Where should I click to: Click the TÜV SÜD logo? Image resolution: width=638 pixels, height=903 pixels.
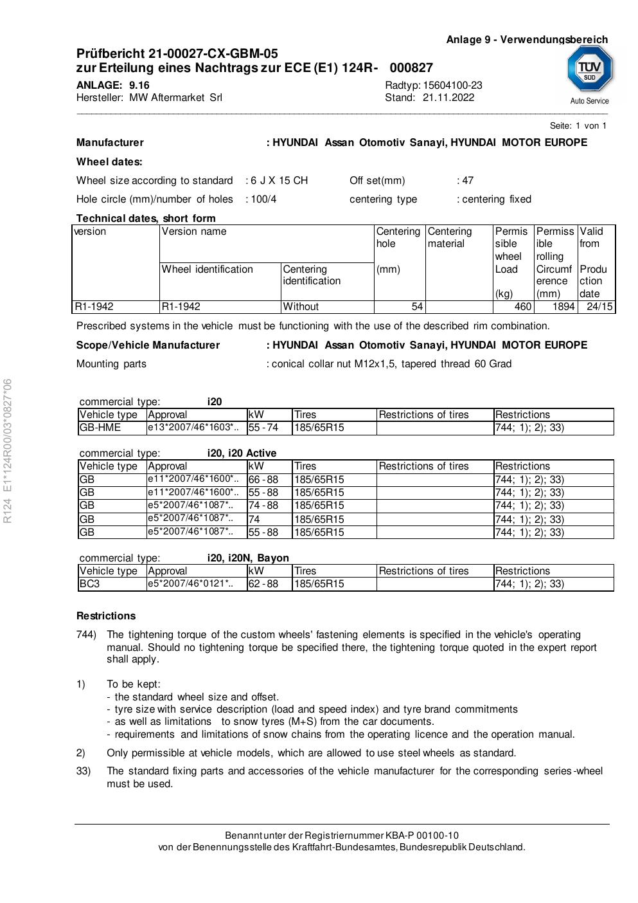click(x=589, y=69)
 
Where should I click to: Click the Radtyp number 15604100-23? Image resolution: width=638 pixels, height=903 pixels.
click(x=452, y=86)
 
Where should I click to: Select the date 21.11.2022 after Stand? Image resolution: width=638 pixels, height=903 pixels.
click(x=448, y=98)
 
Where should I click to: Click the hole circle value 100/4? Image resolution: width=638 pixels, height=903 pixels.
click(x=263, y=199)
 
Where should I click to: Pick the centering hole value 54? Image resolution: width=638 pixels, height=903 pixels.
click(x=416, y=307)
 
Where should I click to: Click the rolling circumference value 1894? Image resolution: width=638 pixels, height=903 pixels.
click(x=563, y=307)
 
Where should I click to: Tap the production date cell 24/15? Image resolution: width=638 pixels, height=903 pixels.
click(x=599, y=307)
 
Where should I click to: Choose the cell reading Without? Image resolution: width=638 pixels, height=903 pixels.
click(x=301, y=307)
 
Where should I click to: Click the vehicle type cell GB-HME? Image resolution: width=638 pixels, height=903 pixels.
click(x=100, y=428)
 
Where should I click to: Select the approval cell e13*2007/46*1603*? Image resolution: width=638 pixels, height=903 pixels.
click(x=193, y=428)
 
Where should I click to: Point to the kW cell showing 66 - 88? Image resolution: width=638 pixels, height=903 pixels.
click(x=263, y=479)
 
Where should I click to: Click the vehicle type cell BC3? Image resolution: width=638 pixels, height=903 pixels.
click(x=90, y=584)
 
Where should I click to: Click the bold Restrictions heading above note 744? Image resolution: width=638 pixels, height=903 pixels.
click(x=106, y=616)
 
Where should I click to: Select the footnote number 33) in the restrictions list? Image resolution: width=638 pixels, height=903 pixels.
click(x=83, y=771)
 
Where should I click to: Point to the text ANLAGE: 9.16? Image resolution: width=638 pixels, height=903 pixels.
click(x=112, y=86)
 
